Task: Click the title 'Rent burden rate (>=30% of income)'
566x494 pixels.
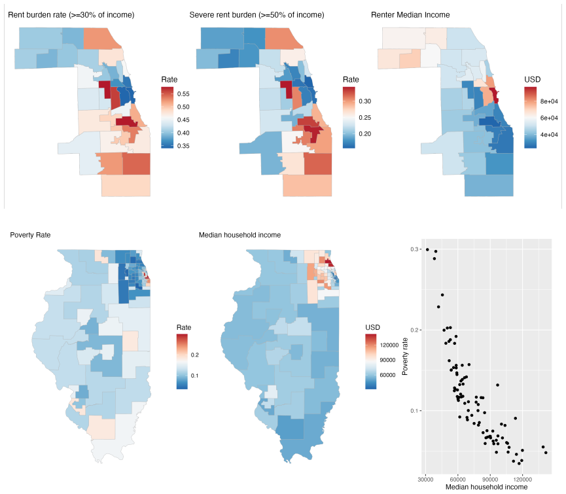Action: [71, 15]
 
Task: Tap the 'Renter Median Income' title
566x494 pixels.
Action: [410, 15]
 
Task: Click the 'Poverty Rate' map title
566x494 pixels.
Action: [30, 235]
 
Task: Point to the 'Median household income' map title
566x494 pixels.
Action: [239, 235]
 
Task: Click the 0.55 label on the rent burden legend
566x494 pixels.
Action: [183, 94]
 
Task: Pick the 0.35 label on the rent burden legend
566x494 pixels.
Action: [183, 146]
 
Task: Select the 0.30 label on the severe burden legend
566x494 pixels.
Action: [365, 101]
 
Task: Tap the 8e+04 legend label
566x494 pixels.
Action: [549, 101]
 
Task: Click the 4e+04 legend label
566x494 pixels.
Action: [549, 135]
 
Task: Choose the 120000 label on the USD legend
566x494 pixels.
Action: [389, 345]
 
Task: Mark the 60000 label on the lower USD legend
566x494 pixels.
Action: [387, 375]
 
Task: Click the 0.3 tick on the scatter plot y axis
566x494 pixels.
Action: [414, 249]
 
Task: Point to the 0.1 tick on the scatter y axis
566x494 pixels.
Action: [414, 411]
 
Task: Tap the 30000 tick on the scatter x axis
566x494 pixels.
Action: [425, 480]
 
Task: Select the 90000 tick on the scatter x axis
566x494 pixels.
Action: [490, 480]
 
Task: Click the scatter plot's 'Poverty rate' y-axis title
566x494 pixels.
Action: [405, 357]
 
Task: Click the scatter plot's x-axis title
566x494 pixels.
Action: [486, 487]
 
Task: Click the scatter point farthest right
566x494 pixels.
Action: [546, 453]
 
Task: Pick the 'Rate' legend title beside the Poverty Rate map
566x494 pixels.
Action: [184, 327]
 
